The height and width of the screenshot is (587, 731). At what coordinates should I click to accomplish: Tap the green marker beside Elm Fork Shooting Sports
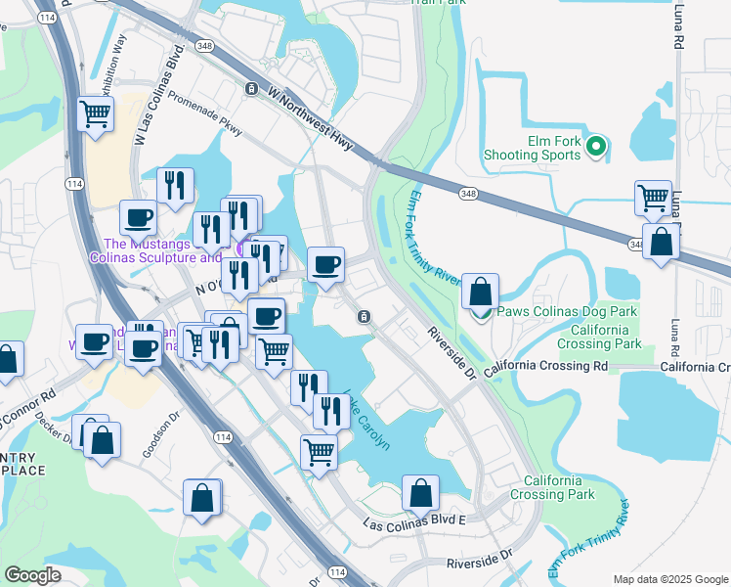click(x=599, y=149)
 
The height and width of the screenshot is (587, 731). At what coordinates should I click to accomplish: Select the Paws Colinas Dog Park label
click(x=567, y=311)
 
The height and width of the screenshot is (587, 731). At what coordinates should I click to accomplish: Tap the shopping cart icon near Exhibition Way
click(x=96, y=113)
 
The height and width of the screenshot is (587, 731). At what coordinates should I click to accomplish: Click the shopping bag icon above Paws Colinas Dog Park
click(x=480, y=292)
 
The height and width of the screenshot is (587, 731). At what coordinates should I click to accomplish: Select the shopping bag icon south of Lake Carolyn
click(x=421, y=494)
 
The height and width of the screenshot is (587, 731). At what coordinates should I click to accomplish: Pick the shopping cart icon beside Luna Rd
click(x=652, y=198)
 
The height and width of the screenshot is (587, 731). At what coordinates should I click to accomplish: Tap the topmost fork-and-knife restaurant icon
click(x=175, y=185)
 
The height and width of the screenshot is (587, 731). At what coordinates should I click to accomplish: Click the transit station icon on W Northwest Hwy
click(x=252, y=88)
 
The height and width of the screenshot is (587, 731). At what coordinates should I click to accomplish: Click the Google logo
click(x=32, y=575)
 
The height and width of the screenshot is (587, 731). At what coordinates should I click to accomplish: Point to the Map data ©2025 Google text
click(x=670, y=579)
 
